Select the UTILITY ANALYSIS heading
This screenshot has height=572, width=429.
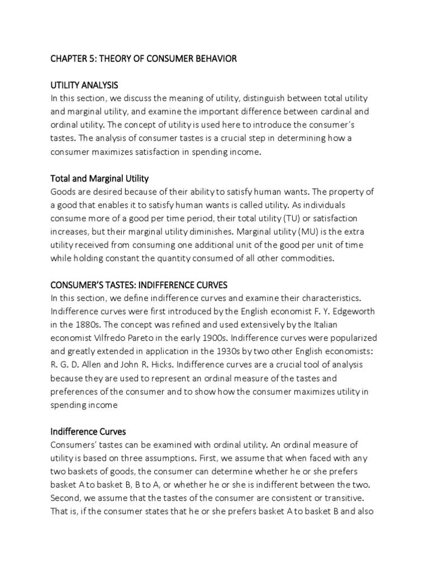[84, 85]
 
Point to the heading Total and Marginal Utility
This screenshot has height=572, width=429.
[99, 179]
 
